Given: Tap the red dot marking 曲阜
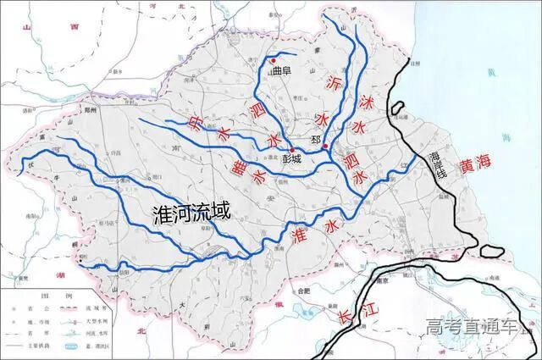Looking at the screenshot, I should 272,60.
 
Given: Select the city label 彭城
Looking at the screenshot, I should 293,158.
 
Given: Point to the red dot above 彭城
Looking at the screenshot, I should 293,149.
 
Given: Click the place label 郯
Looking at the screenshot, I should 317,139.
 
